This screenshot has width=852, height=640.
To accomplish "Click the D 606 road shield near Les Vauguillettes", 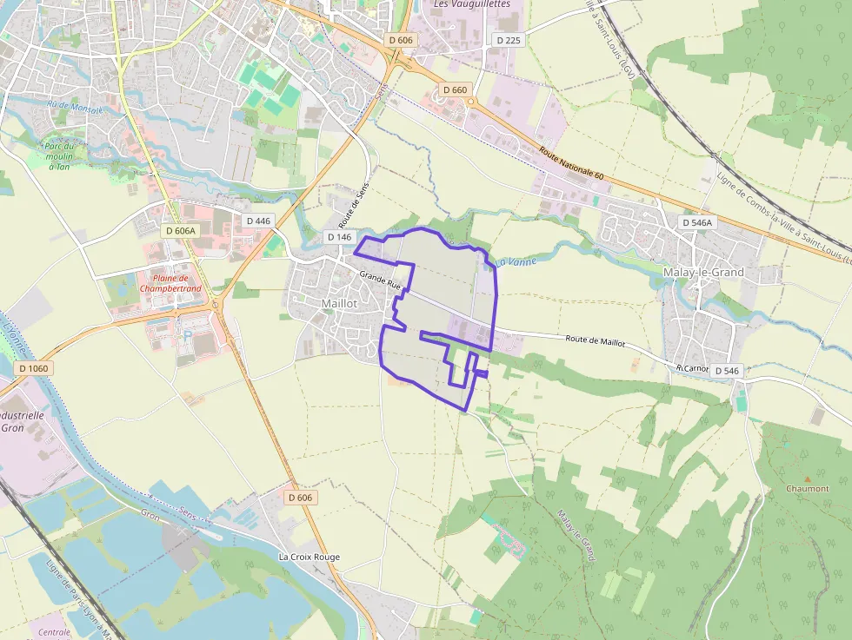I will tap(401, 40).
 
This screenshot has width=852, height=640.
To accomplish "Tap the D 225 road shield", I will tap(507, 40).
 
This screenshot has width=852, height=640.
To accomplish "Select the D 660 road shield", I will tap(455, 89).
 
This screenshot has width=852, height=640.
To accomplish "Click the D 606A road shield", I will tap(181, 230).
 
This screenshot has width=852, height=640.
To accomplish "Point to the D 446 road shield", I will tap(259, 221).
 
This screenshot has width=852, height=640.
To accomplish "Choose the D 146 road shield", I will tap(340, 236).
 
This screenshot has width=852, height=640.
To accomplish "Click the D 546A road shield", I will tap(696, 222).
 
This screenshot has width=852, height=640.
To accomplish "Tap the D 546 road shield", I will tap(726, 371).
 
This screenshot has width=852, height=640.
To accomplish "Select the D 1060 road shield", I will tap(34, 368).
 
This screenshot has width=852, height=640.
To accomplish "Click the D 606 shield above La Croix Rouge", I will tap(301, 498).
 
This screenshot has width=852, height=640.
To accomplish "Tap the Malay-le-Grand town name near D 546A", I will tap(703, 272).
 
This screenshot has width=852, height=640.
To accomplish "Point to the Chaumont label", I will tap(808, 488).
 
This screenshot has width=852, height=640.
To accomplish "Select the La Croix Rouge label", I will tap(309, 557).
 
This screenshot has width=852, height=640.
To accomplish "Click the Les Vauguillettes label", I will tap(470, 4).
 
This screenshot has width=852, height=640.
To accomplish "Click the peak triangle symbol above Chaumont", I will tap(808, 478).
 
